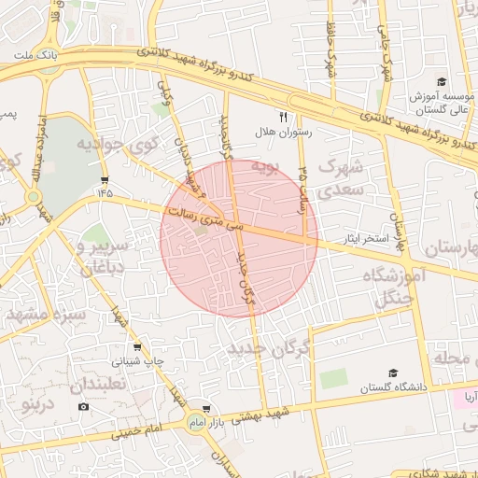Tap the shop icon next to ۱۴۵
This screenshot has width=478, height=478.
(x=105, y=177)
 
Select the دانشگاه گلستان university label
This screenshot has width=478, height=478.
(x=392, y=387)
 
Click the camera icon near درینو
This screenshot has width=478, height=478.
(x=84, y=407)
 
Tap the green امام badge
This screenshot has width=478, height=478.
(x=195, y=424)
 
